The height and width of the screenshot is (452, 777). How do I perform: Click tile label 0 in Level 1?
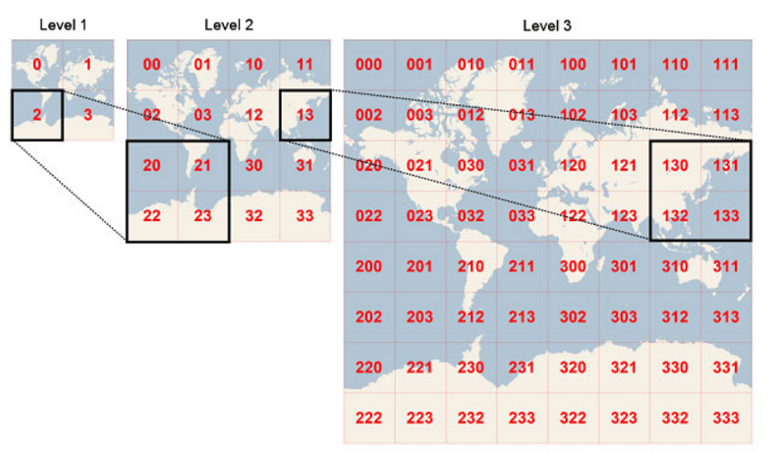point(37,65)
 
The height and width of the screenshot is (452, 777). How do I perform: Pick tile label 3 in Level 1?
point(88,115)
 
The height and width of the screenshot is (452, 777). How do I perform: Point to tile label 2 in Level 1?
point(37,115)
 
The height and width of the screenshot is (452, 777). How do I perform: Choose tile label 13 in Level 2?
point(305,115)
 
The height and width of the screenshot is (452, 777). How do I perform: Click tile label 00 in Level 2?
point(152,65)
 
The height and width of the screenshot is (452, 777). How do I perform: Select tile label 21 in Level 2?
point(203,165)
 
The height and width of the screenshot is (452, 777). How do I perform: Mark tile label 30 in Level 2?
point(254,165)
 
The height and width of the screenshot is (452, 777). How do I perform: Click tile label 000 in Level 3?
point(369,65)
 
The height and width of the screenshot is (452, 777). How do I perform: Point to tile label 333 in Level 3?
point(727,418)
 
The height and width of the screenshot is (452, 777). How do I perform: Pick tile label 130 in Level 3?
point(676,165)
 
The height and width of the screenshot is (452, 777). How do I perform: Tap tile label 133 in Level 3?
point(727,215)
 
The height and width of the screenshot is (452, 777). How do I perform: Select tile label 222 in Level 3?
point(369,418)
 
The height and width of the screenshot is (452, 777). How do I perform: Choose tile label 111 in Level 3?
point(727,65)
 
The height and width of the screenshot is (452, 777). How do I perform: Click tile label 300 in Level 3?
point(574,266)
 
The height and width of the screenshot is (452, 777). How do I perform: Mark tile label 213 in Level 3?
point(523,316)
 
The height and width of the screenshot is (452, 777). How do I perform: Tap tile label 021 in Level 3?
point(420,165)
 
